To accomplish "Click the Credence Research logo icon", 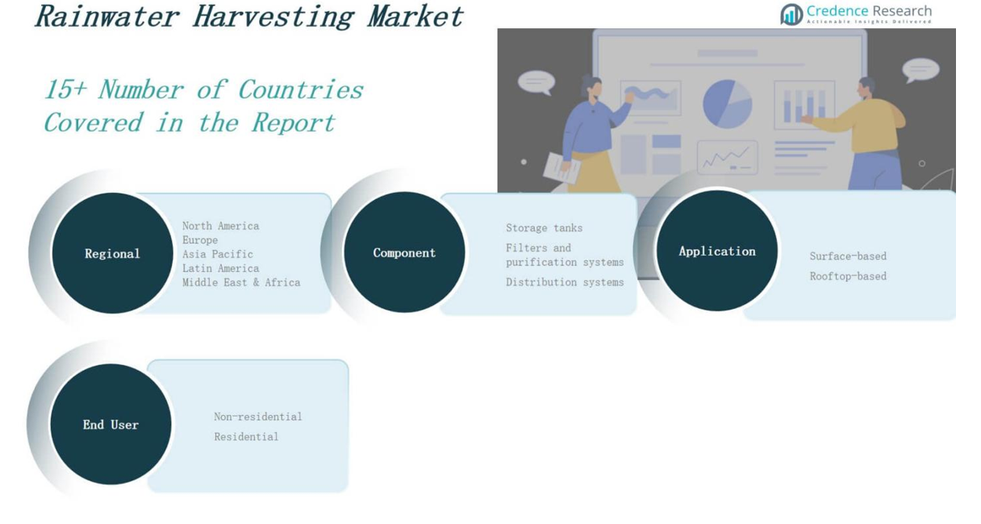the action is click(x=791, y=14).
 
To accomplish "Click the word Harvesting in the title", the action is click(x=273, y=17).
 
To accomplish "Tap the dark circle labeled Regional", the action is click(x=112, y=253).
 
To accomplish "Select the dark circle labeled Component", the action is click(x=404, y=252).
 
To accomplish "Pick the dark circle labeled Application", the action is click(x=717, y=251).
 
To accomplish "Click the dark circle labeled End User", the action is click(x=111, y=424).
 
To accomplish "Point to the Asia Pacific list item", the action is click(x=218, y=254).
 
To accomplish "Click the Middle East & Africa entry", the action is click(x=241, y=282).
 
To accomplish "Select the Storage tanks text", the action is click(x=545, y=228).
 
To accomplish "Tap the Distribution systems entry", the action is click(x=565, y=282).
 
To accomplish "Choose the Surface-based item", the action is click(x=848, y=256).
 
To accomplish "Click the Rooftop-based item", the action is click(x=848, y=277).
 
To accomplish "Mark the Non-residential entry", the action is click(x=258, y=417).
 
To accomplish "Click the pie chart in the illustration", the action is click(x=728, y=104).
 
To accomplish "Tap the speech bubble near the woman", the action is click(x=536, y=83).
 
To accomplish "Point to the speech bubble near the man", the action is click(x=920, y=70).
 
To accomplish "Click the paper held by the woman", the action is click(x=561, y=168).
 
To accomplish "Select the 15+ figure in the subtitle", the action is click(x=65, y=89).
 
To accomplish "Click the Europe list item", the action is click(x=200, y=240).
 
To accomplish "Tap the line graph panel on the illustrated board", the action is click(x=728, y=157).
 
